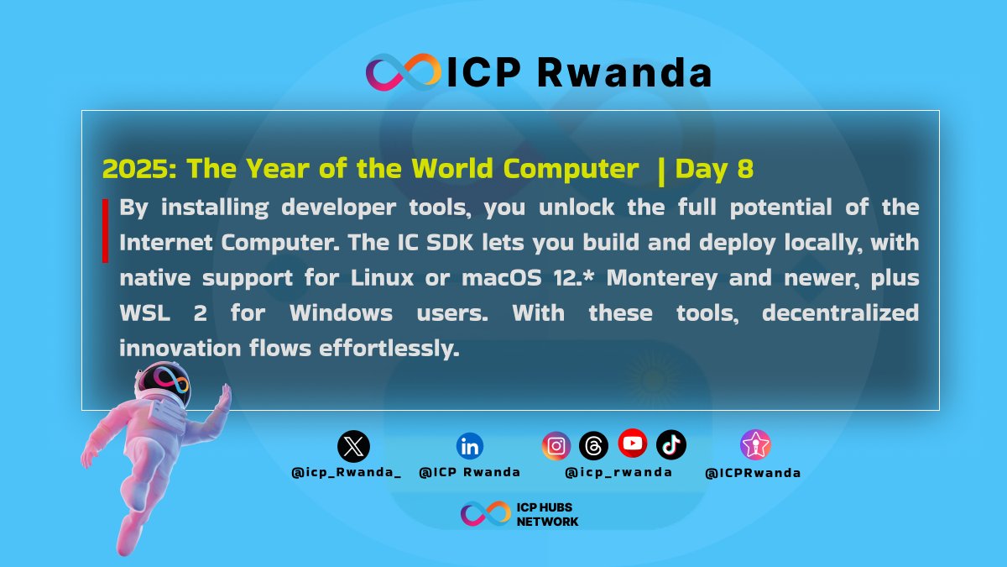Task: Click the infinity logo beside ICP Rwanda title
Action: point(403,72)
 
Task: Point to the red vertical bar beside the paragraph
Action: point(106,230)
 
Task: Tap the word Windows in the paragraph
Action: point(341,312)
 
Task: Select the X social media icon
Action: point(353,446)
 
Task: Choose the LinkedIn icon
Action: point(470,445)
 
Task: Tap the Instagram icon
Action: point(556,445)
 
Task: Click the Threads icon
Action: point(593,445)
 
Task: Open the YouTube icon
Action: point(632,442)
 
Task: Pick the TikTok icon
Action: point(670,444)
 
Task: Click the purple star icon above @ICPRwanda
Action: point(755,444)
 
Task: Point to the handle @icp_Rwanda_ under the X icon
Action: point(346,472)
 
